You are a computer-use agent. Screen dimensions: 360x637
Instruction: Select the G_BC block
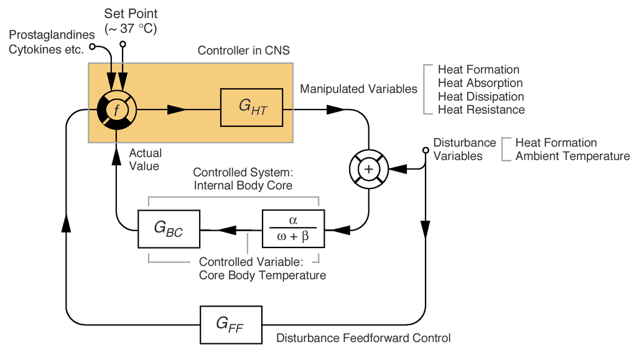168,229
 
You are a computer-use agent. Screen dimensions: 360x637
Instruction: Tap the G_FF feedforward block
230,325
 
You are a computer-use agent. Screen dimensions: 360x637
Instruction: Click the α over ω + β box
294,229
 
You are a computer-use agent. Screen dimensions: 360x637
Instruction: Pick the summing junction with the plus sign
368,168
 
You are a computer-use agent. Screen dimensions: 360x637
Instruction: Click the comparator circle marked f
116,109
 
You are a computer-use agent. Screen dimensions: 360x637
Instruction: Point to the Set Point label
131,14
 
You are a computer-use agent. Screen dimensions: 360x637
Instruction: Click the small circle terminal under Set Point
123,44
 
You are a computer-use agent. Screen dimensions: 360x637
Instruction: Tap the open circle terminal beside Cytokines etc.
92,47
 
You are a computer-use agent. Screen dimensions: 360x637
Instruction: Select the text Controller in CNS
243,50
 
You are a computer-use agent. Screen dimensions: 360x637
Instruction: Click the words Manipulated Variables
358,89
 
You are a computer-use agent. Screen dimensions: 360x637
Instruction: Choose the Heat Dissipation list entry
481,96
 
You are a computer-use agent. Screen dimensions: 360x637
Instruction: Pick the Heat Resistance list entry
481,110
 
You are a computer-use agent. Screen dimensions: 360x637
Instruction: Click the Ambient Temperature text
572,156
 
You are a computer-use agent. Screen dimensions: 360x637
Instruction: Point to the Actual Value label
145,159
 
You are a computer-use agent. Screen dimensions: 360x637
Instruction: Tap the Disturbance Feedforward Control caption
363,338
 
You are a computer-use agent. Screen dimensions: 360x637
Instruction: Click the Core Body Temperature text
262,275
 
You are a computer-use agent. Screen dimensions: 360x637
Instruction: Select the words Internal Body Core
243,185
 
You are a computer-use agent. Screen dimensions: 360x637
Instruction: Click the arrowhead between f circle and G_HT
177,109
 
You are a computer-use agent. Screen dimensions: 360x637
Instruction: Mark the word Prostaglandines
52,36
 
